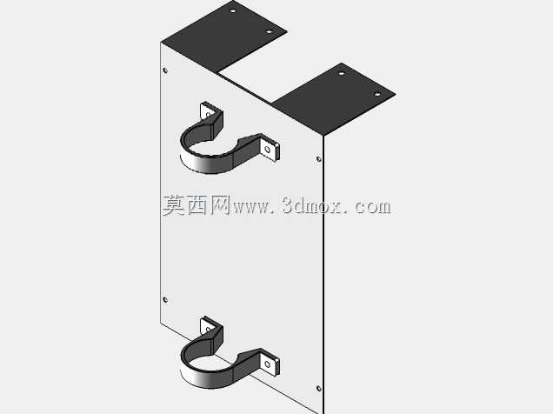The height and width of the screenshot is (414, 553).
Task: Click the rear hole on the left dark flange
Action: pyautogui.click(x=233, y=10)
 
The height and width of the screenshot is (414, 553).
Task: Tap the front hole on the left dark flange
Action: pyautogui.click(x=269, y=31)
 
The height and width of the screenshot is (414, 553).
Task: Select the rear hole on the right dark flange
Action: pyautogui.click(x=341, y=73)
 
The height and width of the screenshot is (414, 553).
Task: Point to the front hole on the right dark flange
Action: pyautogui.click(x=377, y=94)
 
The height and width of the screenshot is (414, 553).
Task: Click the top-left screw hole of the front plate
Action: pyautogui.click(x=165, y=70)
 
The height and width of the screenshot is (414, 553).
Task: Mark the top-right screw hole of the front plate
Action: pyautogui.click(x=319, y=159)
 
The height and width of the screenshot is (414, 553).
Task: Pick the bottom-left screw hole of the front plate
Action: pyautogui.click(x=165, y=300)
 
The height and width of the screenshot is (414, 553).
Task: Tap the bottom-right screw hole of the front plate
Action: pyautogui.click(x=319, y=388)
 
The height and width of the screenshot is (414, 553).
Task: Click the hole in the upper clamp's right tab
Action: pyautogui.click(x=268, y=150)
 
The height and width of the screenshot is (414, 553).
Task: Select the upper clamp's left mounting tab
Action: pyautogui.click(x=208, y=110)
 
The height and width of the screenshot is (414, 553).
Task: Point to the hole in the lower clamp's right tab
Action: pyautogui.click(x=268, y=364)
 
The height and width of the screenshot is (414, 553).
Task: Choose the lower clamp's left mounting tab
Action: pyautogui.click(x=208, y=326)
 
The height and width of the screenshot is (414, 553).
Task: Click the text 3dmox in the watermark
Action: pyautogui.click(x=312, y=205)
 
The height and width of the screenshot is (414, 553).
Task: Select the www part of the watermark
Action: pyautogui.click(x=250, y=207)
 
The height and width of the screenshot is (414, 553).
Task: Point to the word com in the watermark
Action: pyautogui.click(x=373, y=207)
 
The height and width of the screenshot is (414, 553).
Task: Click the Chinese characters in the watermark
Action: pyautogui.click(x=197, y=205)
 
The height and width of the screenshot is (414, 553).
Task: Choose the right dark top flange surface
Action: pyautogui.click(x=333, y=99)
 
